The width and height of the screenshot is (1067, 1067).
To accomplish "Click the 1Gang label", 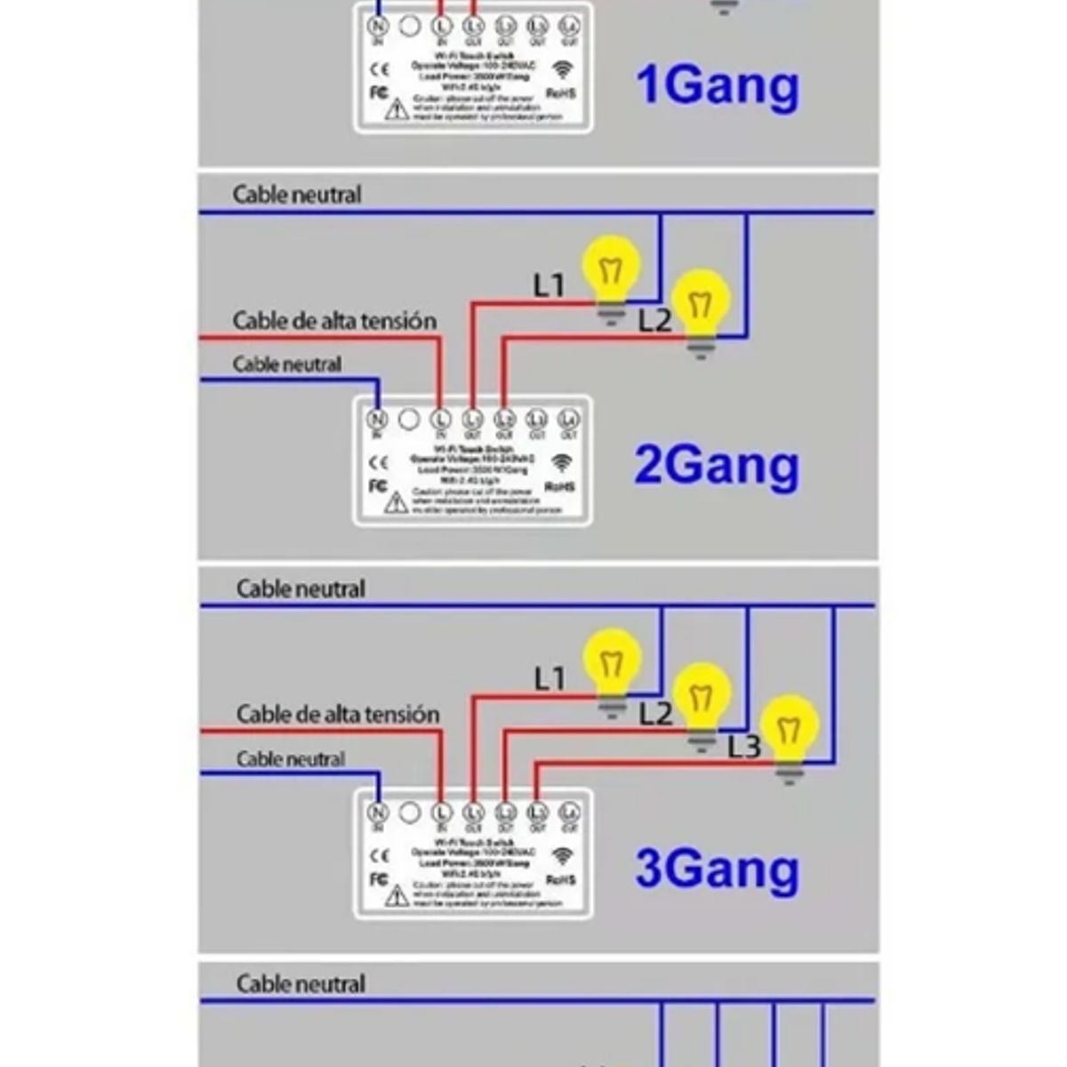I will coord(717,86).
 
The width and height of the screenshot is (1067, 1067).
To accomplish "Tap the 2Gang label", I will coord(717,466).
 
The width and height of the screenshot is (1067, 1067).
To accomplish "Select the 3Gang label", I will coord(717,869).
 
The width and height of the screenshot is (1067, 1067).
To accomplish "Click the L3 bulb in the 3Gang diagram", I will coord(790,730).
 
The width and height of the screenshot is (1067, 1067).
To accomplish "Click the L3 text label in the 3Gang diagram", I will coord(744,747).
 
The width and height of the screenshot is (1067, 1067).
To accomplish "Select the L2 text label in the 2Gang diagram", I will coord(654,320).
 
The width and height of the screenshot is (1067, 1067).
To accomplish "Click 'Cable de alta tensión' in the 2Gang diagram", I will coord(334,321).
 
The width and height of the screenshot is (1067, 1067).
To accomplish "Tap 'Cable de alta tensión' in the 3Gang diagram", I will coord(338,714).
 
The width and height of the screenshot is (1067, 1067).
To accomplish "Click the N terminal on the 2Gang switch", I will coord(377,419).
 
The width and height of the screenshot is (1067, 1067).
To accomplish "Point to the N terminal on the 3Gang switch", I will coord(378,812).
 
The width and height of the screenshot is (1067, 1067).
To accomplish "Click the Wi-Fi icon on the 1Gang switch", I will coord(562,69).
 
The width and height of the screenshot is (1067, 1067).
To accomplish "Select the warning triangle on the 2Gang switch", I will coord(397,503).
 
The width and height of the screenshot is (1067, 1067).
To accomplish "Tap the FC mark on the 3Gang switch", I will coord(378,879).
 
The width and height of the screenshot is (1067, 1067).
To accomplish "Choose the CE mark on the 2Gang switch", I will coord(379,462).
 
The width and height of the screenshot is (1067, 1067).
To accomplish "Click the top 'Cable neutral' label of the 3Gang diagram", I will coord(301,589).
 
